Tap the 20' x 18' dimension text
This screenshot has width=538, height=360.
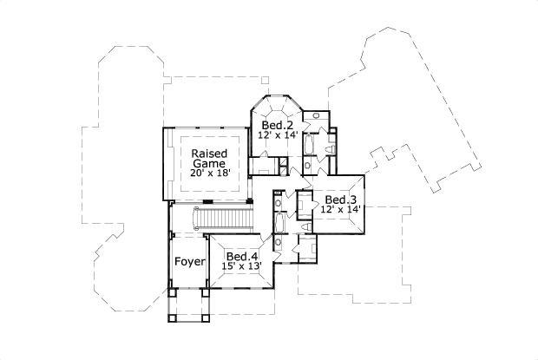pos(208,173)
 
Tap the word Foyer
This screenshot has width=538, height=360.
pos(188,261)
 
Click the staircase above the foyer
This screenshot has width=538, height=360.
pos(228,218)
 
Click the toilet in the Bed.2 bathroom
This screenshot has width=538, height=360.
pos(328,150)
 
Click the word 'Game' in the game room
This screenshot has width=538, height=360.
pos(209,163)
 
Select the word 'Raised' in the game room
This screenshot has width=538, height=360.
pos(209,152)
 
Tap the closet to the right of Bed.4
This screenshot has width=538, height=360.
pos(306,249)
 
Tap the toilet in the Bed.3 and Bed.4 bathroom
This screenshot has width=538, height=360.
pos(277,205)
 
